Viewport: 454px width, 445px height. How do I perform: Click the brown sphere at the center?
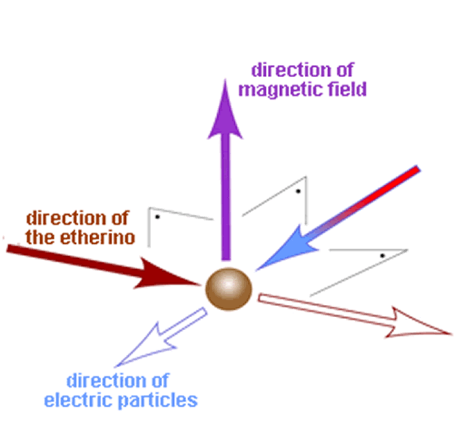point(228,290)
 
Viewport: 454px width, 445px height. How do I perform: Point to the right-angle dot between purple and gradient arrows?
point(297,192)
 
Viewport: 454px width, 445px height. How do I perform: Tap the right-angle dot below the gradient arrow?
point(383,256)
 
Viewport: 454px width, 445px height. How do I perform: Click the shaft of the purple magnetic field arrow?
point(225,195)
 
